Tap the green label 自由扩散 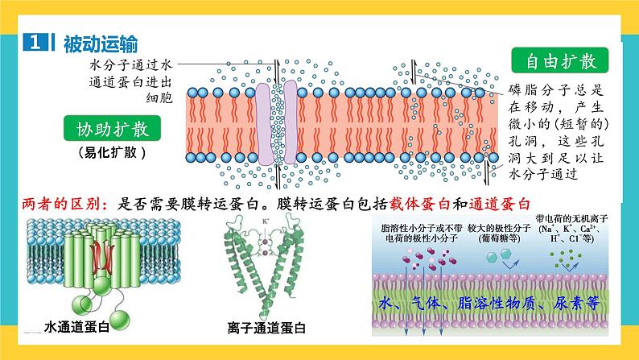click(x=560, y=60)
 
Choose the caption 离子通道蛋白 click(x=266, y=328)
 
